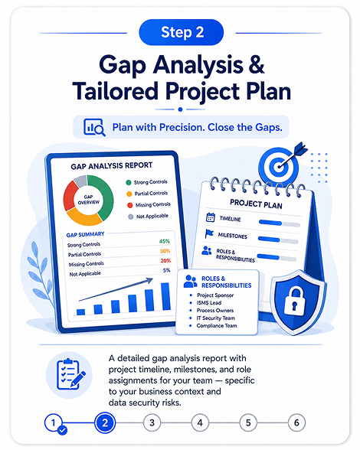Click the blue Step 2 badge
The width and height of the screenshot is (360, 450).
(182, 32)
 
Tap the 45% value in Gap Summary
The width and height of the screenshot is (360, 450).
(165, 241)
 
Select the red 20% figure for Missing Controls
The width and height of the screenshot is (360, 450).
(165, 260)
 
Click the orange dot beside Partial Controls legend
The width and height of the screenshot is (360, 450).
(129, 194)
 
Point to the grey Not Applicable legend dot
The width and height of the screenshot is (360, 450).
(131, 217)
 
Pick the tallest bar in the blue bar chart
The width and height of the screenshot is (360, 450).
(165, 296)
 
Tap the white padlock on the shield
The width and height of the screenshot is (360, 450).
(295, 302)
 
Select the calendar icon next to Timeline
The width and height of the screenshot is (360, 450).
(211, 217)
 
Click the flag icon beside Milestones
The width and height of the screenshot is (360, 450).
(209, 233)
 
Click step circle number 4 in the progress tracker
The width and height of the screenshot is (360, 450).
(200, 422)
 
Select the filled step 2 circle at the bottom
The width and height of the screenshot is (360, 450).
(105, 422)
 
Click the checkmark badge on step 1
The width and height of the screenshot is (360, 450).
(62, 430)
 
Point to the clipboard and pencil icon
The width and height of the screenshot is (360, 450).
(70, 374)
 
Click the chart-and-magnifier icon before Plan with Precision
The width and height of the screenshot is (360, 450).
(94, 127)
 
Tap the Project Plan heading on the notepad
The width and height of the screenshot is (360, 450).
(256, 204)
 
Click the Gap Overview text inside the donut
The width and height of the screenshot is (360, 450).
(89, 200)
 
